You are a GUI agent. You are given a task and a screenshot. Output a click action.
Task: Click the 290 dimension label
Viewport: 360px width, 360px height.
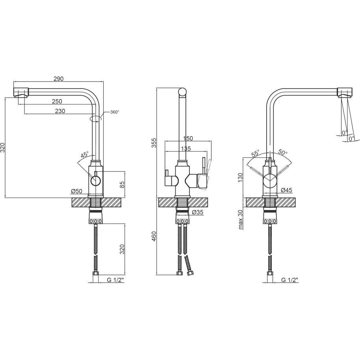(x=58, y=79)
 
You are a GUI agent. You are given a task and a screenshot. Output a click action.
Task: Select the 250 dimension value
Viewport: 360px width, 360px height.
(x=57, y=101)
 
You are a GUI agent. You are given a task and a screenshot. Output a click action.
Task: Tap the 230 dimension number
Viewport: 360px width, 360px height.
(x=60, y=111)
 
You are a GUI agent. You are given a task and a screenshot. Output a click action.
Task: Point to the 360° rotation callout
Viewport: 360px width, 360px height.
(x=115, y=112)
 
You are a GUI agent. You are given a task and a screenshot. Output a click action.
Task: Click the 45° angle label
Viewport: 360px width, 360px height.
(x=84, y=155)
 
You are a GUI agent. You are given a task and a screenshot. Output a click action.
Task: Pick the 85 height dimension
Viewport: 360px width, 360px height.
(x=122, y=185)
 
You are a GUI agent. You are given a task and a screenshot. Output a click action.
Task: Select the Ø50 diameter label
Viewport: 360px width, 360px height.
(x=77, y=191)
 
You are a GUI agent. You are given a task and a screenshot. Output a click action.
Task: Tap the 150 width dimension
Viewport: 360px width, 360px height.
(x=188, y=138)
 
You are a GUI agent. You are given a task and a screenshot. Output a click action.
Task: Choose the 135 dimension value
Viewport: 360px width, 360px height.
(x=186, y=149)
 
